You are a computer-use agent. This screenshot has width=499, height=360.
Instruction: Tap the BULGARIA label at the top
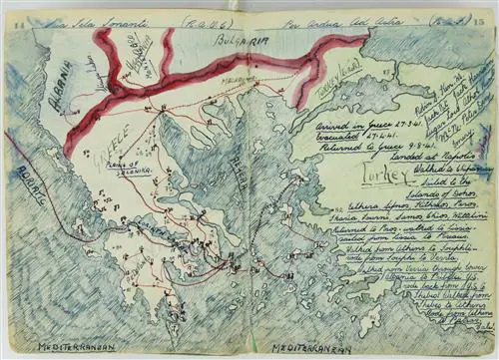(x=238, y=41)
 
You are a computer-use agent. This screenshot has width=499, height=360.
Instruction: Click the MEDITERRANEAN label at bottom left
(x=76, y=347)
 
